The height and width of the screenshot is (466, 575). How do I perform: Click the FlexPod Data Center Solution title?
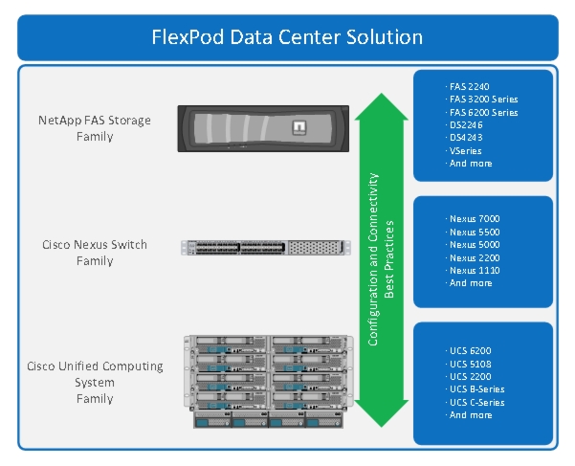coord(287,37)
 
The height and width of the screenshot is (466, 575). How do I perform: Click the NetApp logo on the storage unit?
coord(299,127)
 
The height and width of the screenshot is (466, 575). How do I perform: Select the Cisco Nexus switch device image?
coord(266,248)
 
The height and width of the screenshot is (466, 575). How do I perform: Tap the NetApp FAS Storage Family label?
coord(95,128)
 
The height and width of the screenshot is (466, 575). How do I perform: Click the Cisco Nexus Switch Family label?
coord(95,253)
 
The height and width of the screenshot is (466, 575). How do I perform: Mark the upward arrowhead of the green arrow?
coord(382,106)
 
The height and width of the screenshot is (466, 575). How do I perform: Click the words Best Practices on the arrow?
coord(388,259)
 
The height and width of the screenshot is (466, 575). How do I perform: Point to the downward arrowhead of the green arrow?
coord(382,413)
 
